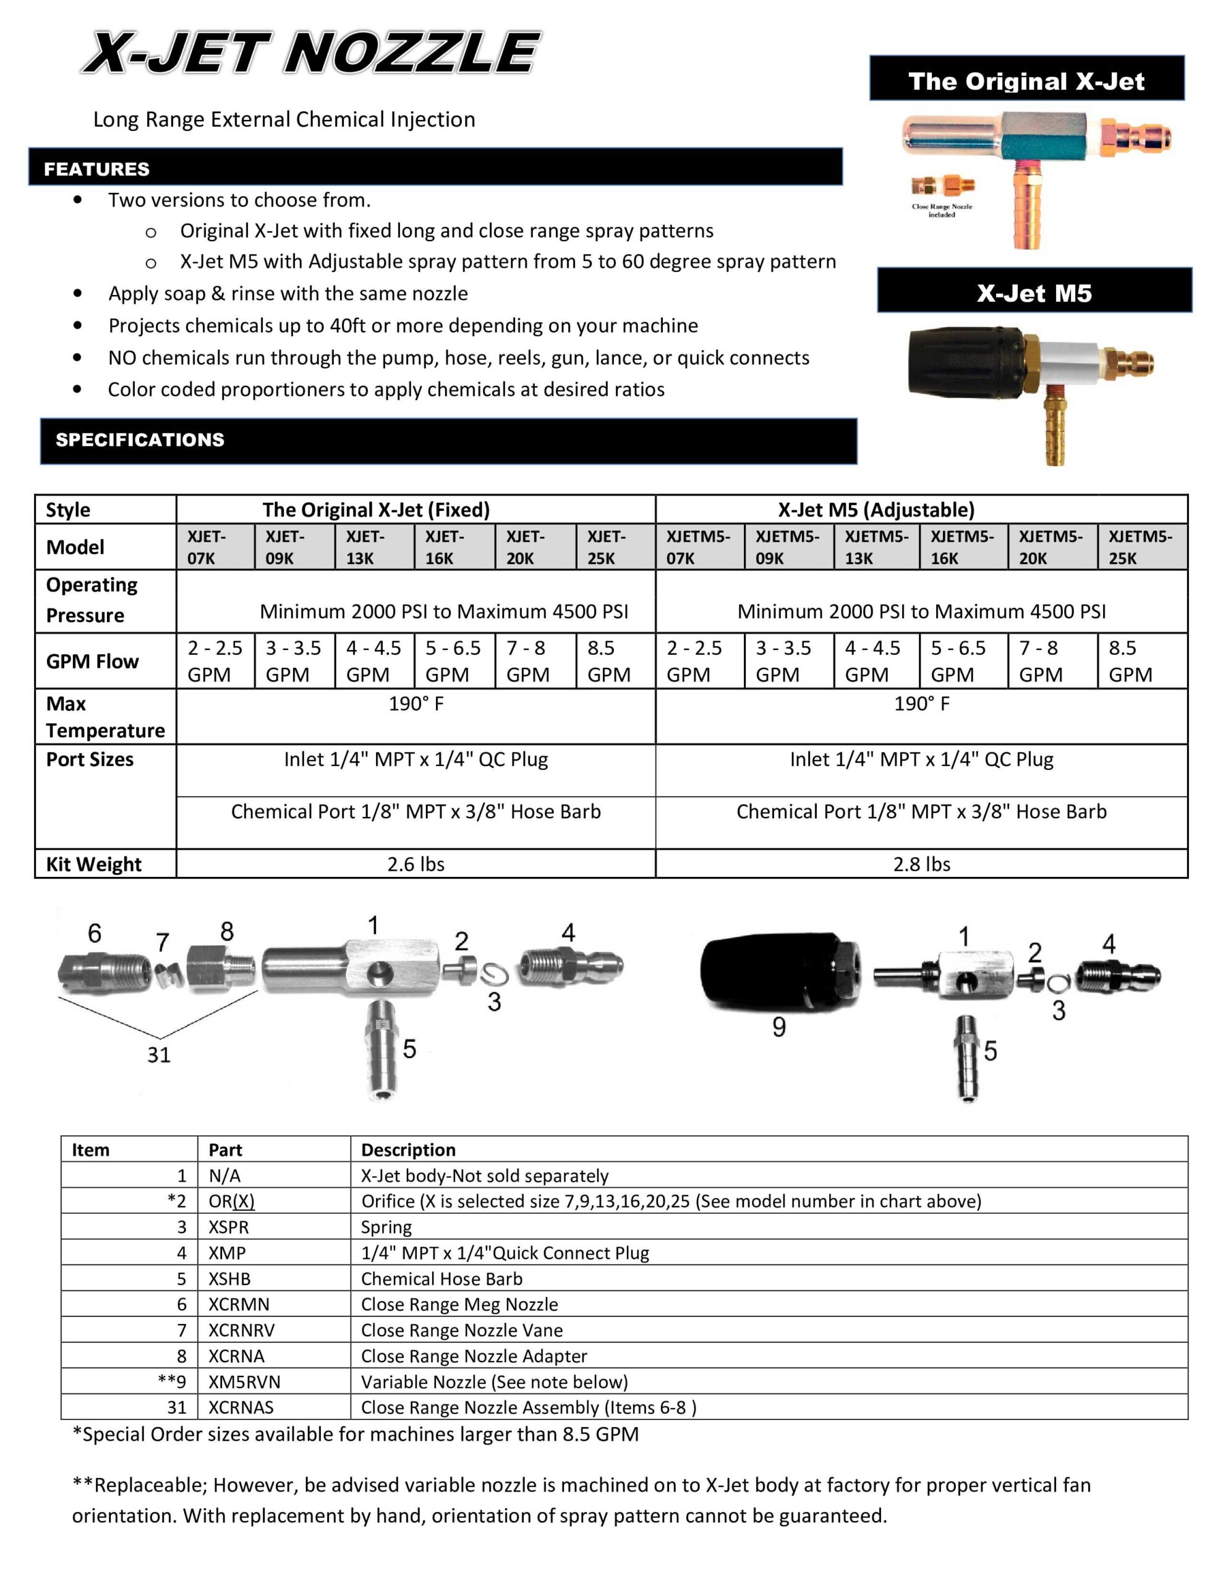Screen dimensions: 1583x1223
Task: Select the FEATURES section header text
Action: pyautogui.click(x=96, y=169)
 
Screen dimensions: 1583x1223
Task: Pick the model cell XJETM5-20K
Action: pyautogui.click(x=1050, y=547)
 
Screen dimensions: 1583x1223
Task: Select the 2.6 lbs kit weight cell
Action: pyautogui.click(x=415, y=864)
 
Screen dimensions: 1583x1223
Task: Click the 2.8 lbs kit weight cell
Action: pyautogui.click(x=921, y=864)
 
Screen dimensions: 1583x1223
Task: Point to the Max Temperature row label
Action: pyautogui.click(x=104, y=717)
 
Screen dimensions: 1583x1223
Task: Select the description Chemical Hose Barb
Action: pyautogui.click(x=441, y=1279)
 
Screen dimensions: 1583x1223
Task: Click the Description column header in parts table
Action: pyautogui.click(x=408, y=1150)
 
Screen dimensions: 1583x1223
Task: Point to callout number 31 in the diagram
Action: pyautogui.click(x=159, y=1054)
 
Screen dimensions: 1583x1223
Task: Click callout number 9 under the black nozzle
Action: pyautogui.click(x=778, y=1027)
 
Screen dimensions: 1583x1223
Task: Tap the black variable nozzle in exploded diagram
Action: pyautogui.click(x=776, y=971)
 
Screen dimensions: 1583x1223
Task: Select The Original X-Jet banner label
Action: pyautogui.click(x=1026, y=80)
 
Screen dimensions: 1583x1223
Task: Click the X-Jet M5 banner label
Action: pyautogui.click(x=1034, y=293)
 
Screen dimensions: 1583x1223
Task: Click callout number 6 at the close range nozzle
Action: pyautogui.click(x=94, y=934)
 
